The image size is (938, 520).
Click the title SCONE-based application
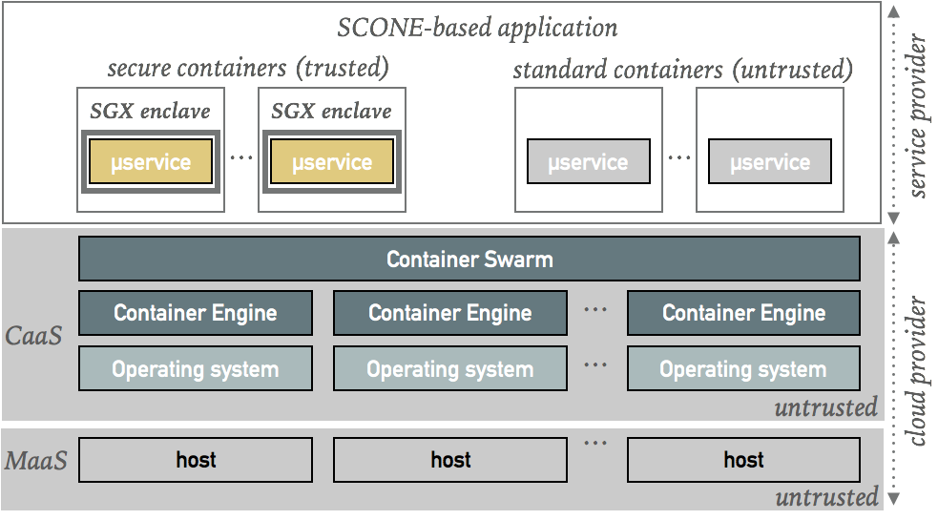pos(477,27)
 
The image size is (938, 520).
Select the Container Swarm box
pos(469,259)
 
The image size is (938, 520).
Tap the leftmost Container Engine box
pos(195,313)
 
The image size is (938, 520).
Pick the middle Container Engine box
pos(449,313)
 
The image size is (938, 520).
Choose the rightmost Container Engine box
pos(743,313)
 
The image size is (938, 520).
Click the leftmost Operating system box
pos(195,369)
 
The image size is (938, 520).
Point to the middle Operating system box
pos(449,369)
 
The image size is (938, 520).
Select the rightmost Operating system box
pos(743,369)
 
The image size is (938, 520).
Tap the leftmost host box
pos(195,460)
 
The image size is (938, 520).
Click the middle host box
pos(449,460)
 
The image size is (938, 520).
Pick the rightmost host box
pos(743,460)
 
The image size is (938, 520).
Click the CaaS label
pos(34,336)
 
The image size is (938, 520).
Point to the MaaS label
pos(36,462)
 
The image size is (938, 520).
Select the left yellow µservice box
pos(150,162)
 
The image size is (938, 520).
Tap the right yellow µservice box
pos(332,162)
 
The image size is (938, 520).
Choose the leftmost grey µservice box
pos(588,162)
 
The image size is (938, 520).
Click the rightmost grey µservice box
pos(769,162)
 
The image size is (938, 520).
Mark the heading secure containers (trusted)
pos(247,69)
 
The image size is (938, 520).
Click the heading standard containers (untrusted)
pos(682,71)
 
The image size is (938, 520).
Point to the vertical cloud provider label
pos(919,372)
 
